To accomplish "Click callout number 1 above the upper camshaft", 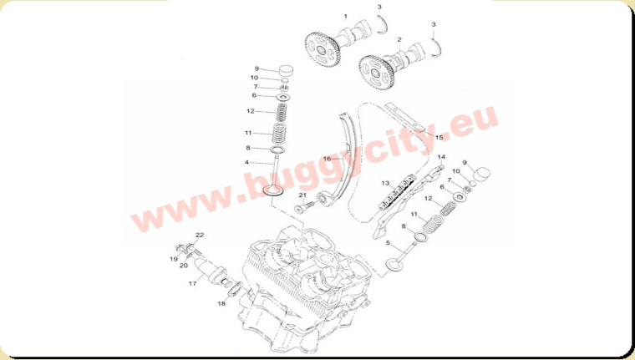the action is coord(345,17).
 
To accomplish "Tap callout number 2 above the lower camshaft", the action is coord(399,39).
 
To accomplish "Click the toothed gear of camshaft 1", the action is coord(322,50).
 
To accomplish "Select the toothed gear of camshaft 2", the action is coord(376,74).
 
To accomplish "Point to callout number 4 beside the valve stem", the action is coord(246,162).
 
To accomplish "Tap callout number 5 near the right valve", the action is coord(388,243).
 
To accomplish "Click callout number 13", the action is coord(385,183).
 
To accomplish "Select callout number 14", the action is coord(441,157).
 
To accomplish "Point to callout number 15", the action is coord(439,137).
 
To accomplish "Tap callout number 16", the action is coord(328,159).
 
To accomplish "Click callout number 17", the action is coord(192,283).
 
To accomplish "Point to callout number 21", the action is coord(302,195).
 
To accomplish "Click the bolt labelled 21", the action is coord(304,206).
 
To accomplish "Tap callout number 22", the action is coord(200,235).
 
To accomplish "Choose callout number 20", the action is coord(184,266).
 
